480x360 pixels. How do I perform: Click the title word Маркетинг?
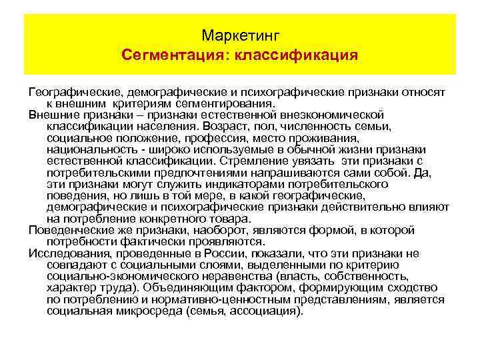(239, 33)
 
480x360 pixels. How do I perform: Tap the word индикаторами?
(215, 183)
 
